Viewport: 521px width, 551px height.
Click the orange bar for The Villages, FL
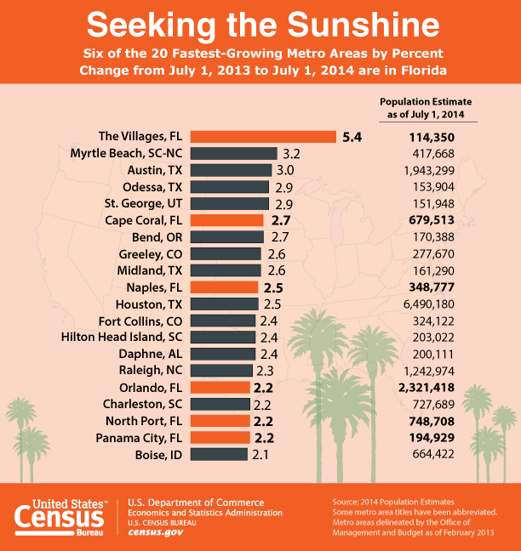(x=263, y=137)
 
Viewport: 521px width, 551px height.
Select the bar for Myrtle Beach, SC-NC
(x=234, y=154)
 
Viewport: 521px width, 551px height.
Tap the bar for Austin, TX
(x=231, y=170)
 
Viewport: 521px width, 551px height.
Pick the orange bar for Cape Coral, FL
(x=227, y=220)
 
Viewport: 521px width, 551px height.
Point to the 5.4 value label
(x=352, y=137)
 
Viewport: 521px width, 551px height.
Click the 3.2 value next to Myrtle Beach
(x=292, y=154)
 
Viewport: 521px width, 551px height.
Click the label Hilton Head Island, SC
(x=122, y=337)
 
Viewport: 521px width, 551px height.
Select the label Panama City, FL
(x=140, y=437)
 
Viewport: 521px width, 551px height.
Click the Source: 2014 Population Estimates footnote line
(x=393, y=503)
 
